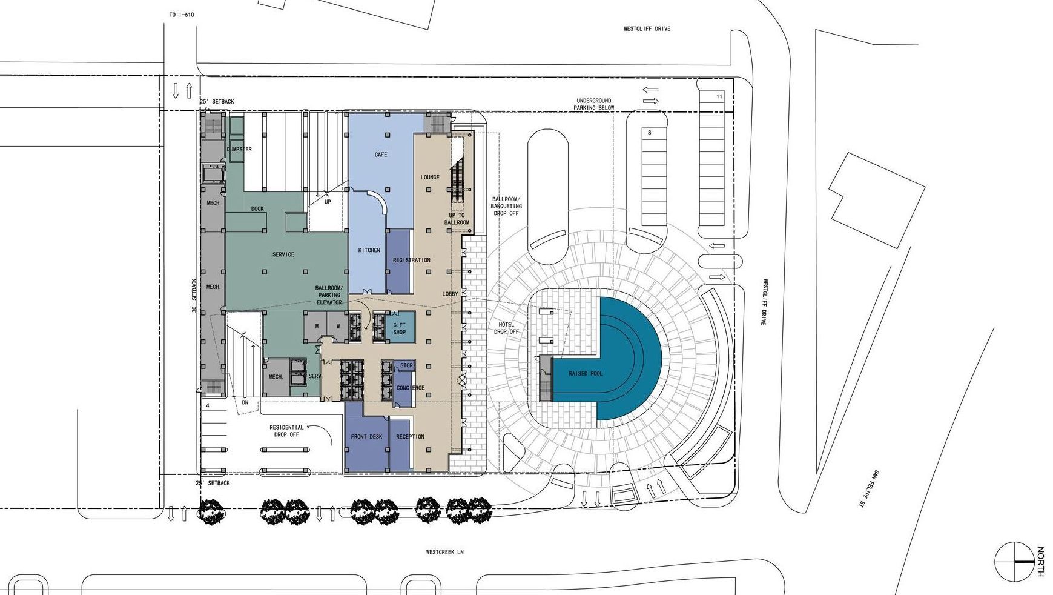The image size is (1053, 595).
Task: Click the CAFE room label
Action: click(x=380, y=155)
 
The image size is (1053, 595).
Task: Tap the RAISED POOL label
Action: click(x=585, y=374)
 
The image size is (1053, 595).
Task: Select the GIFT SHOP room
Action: click(x=400, y=328)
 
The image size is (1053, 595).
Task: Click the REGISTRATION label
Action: click(x=411, y=261)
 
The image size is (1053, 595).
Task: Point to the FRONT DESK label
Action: click(x=366, y=437)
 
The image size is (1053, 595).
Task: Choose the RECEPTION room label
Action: click(x=410, y=437)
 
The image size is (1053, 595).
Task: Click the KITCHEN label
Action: click(x=369, y=250)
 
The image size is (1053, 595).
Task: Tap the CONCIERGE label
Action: click(x=410, y=388)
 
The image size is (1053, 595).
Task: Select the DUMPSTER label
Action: click(x=239, y=149)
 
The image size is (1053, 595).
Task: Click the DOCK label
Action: click(x=257, y=209)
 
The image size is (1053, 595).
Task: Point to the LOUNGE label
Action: click(x=430, y=178)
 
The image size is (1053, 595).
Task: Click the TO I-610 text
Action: click(x=182, y=14)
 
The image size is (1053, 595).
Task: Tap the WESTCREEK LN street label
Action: click(x=444, y=552)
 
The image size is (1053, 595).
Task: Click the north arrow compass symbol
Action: click(x=1016, y=561)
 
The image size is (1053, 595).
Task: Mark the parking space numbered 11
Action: click(x=719, y=96)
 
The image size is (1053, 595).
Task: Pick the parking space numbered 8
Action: click(x=649, y=132)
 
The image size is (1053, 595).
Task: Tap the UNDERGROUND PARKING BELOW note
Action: click(x=595, y=104)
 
